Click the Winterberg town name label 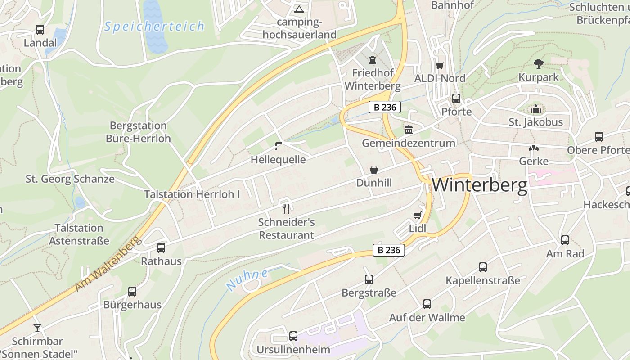(x=479, y=185)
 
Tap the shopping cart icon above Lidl (x=417, y=215)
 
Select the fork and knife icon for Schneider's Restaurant (x=286, y=208)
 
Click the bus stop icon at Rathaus (x=161, y=247)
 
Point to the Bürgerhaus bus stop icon (x=132, y=291)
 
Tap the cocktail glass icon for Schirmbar (x=37, y=328)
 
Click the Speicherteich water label (x=154, y=27)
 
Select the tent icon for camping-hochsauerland (x=299, y=9)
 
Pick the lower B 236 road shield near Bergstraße (x=389, y=250)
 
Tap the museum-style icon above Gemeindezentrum (x=409, y=130)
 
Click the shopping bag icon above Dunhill (x=374, y=170)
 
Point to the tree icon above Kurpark (x=538, y=63)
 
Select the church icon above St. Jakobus (x=535, y=109)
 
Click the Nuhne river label (x=247, y=279)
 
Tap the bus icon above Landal (x=40, y=30)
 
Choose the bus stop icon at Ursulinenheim (x=293, y=336)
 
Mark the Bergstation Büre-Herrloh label (x=138, y=132)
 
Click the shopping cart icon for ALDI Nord (x=440, y=65)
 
